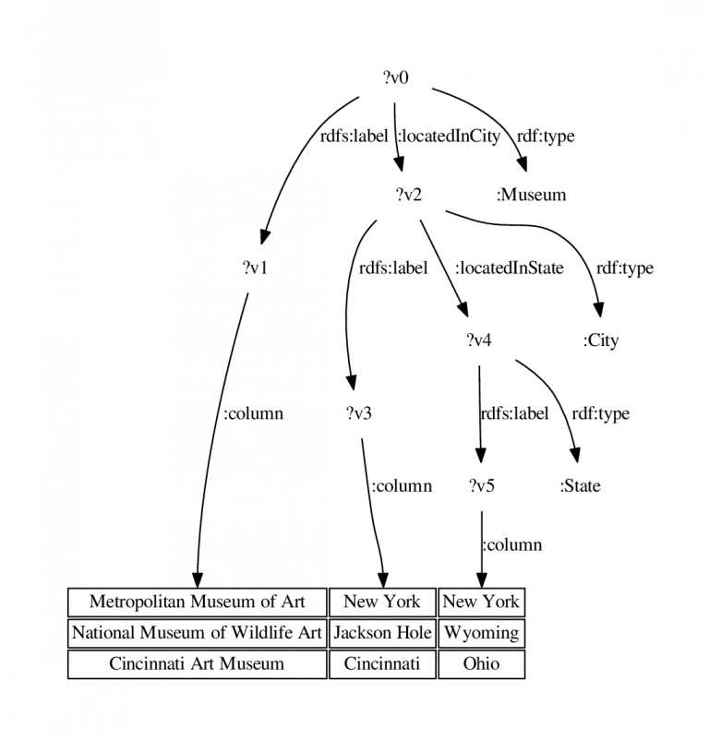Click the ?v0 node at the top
coord(395,78)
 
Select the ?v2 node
coord(409,194)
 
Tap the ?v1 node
coord(256,268)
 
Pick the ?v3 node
coord(359,413)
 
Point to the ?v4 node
coord(479,340)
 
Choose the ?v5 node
coord(482,485)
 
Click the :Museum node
coord(531,195)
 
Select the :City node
coord(600,340)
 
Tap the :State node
coord(580,485)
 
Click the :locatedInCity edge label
coord(449,136)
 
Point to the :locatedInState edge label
coord(510,268)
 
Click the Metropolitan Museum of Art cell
coord(198,602)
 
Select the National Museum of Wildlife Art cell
coord(198,633)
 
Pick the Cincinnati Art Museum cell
coord(198,664)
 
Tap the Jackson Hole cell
coord(382,633)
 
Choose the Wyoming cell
coord(482,633)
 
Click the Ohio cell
coord(482,664)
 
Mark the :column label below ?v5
coord(512,544)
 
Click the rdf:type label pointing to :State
coord(601,413)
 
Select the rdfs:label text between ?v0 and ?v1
coord(354,136)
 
